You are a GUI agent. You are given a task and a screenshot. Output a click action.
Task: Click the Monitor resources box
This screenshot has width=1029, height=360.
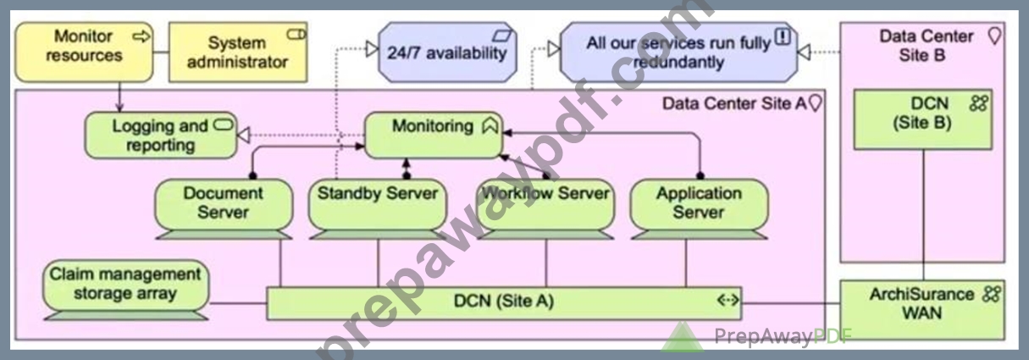84,52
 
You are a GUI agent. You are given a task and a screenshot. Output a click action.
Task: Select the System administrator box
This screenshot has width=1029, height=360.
238,52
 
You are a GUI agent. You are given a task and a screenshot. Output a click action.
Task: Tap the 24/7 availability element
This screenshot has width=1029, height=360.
447,52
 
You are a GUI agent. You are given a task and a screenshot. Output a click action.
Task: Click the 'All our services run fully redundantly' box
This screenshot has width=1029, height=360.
678,52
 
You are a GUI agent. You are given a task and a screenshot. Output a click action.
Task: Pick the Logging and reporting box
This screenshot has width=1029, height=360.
161,136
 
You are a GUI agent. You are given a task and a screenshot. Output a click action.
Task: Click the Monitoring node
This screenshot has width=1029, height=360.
434,136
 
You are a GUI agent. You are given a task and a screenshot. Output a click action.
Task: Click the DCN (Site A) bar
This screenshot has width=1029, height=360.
504,303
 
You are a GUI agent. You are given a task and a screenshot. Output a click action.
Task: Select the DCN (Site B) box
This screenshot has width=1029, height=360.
923,119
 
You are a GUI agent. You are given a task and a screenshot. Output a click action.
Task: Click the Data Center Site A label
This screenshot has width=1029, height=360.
734,104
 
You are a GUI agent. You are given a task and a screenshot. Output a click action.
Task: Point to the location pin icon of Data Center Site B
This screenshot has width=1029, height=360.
994,36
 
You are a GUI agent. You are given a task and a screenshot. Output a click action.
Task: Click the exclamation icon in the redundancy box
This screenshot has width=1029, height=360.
783,36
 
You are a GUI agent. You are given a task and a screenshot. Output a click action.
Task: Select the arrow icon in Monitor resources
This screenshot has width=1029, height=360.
141,36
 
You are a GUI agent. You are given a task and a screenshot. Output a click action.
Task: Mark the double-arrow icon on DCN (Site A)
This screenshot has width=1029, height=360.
728,300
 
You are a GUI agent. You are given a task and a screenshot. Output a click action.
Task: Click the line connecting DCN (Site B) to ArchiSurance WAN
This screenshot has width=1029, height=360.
923,215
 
